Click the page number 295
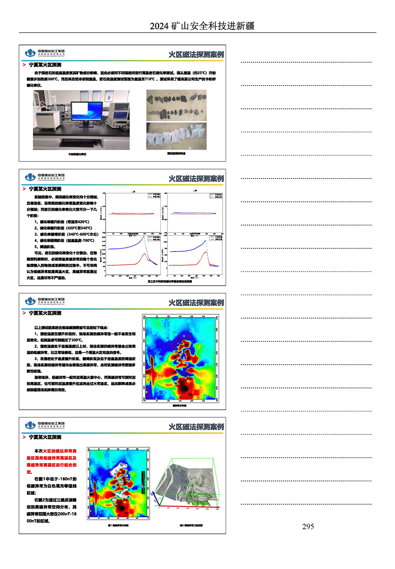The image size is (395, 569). pos(308,527)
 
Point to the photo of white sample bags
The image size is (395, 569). pos(177,136)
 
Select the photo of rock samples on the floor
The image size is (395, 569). pos(177,107)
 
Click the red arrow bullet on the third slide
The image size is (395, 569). pos(25,313)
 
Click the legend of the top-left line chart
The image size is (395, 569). pos(150,195)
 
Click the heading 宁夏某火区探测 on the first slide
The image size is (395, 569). pos(45,65)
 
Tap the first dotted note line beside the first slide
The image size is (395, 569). pos(306,62)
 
